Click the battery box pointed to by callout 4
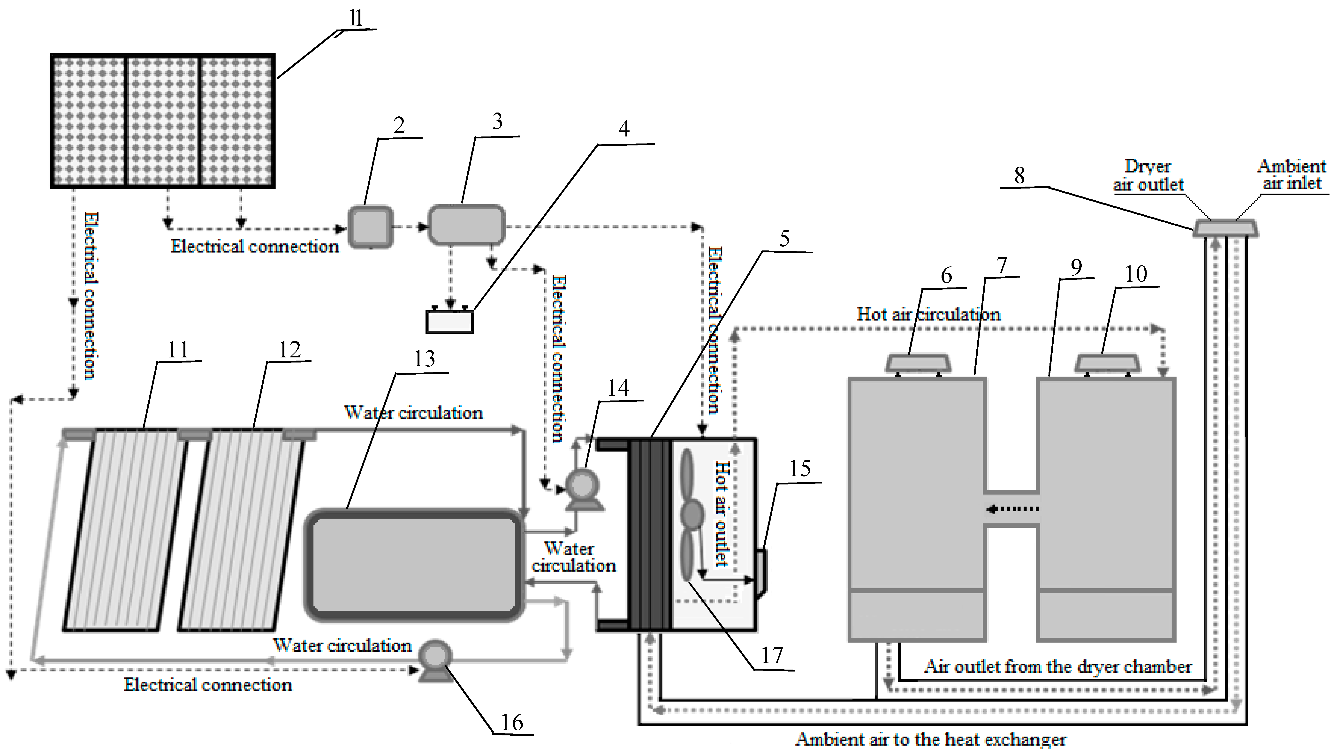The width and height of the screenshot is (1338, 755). click(x=449, y=321)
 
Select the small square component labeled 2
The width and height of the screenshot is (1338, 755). click(x=370, y=227)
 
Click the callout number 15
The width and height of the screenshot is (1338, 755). click(x=800, y=469)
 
